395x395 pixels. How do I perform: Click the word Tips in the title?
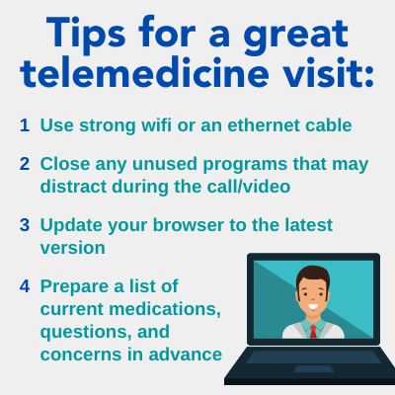click(86, 34)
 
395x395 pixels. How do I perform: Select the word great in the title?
click(295, 37)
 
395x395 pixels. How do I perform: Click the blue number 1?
click(25, 125)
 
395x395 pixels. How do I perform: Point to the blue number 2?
click(25, 164)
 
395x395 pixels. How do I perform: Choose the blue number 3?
click(25, 225)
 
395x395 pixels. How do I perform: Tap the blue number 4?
click(25, 286)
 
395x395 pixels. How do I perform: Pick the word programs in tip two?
click(245, 165)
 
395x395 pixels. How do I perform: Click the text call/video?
click(249, 187)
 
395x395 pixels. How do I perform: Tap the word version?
click(73, 248)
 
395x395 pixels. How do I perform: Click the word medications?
click(165, 309)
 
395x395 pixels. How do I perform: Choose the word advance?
click(186, 355)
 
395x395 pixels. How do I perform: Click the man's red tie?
click(313, 331)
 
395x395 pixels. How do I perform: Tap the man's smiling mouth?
click(313, 307)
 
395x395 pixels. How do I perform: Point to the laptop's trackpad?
click(309, 368)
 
